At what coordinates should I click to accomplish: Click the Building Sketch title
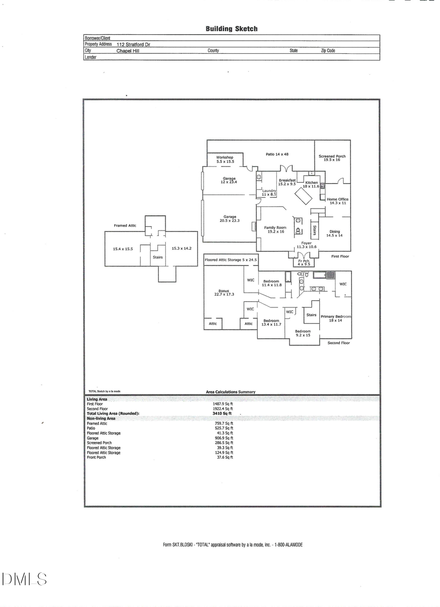coord(231,29)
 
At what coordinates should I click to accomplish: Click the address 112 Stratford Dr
coord(133,44)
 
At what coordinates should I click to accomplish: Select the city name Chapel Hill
coord(128,50)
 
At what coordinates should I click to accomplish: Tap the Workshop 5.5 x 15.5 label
coord(225,159)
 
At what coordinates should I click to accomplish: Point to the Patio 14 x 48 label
coord(277,154)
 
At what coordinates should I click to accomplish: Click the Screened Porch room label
coord(332,158)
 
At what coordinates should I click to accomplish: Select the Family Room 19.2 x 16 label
coord(275,230)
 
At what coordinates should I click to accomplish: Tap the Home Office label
coord(337,201)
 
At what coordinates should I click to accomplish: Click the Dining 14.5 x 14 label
coord(334,233)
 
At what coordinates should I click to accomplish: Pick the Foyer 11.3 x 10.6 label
coord(307,245)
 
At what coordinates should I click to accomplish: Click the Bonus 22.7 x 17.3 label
coord(223,292)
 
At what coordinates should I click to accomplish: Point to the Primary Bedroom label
coord(335,318)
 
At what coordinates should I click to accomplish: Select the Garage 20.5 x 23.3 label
coord(230,218)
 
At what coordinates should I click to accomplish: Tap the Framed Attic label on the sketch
coord(125,226)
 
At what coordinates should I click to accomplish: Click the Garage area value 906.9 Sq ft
coord(224,438)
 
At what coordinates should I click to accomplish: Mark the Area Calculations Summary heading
coord(230,392)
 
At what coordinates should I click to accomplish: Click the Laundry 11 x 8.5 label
coord(269,192)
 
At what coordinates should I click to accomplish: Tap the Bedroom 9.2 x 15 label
coord(303,333)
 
